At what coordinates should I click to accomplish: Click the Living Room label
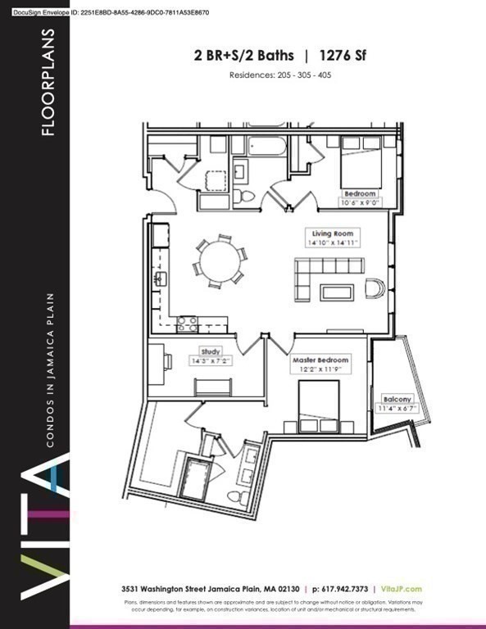click(326, 233)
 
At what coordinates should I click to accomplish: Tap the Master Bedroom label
click(320, 360)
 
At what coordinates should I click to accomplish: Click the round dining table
click(219, 261)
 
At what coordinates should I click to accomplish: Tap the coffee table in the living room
click(337, 292)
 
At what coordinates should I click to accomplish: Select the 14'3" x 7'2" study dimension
click(188, 360)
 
